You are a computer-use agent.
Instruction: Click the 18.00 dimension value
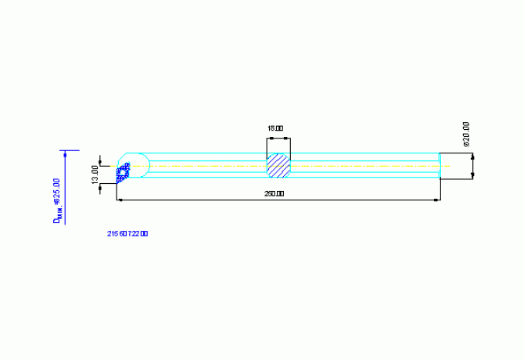point(275,128)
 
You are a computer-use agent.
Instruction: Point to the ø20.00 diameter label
point(466,134)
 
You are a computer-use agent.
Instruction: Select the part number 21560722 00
point(127,233)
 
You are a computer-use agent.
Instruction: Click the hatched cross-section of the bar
point(278,167)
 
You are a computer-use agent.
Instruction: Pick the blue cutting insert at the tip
point(123,173)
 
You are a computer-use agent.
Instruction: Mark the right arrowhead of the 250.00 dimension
point(435,200)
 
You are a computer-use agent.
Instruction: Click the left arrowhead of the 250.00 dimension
point(120,200)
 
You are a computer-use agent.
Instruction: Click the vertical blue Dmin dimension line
point(66,188)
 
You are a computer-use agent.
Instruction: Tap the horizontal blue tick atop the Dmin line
point(70,150)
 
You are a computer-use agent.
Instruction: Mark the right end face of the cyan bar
point(439,167)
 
